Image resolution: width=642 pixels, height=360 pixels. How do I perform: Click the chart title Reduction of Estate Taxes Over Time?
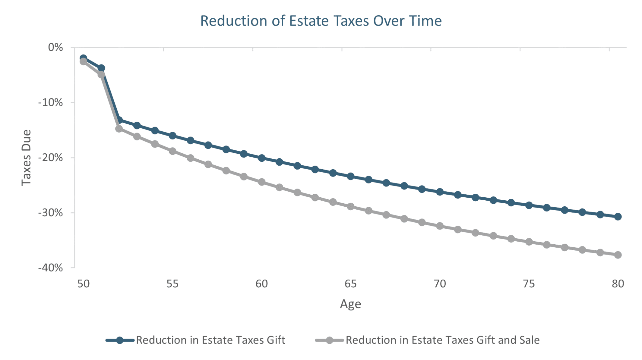pos(321,21)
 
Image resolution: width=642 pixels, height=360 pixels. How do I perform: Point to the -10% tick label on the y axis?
pos(50,102)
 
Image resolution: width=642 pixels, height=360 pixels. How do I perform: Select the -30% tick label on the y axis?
pos(50,213)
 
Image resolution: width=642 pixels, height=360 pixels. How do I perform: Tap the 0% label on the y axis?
pos(55,47)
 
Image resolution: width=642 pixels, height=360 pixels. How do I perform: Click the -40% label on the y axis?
pos(50,268)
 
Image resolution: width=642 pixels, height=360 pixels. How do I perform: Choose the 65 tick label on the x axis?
pos(350,284)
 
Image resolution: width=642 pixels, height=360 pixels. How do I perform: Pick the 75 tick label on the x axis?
pos(529,284)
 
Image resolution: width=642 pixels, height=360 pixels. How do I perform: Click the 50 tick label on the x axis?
pos(84,284)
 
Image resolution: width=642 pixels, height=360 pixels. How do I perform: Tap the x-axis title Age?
pos(350,304)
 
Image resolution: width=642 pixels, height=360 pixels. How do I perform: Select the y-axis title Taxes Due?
pos(27,158)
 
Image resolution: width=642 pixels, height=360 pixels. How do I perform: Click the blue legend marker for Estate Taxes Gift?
pos(120,340)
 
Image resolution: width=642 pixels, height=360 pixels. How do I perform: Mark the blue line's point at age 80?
pos(618,217)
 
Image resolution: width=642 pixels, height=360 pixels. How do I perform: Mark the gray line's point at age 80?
pos(618,255)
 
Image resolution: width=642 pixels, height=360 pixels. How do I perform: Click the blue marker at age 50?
pos(84,58)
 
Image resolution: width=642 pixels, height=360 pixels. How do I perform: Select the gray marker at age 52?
pos(119,129)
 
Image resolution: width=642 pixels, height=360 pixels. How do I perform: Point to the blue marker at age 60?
pos(262,158)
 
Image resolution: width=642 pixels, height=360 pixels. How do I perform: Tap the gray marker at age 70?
pos(440,226)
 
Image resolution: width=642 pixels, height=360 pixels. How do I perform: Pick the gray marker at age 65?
pos(350,206)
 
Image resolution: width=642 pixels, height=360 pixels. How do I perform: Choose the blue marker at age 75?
pos(529,205)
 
